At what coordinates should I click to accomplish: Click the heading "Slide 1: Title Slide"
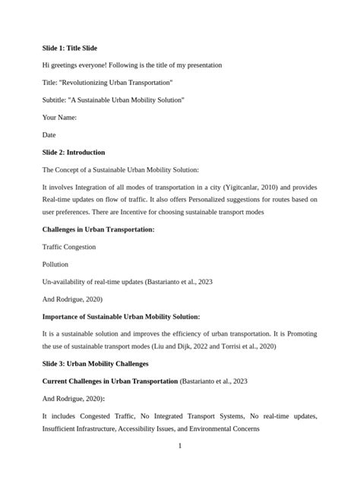coord(70,48)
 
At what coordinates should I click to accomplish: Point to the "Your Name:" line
coord(59,117)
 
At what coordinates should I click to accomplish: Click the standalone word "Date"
coord(49,134)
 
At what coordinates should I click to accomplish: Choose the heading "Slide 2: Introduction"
coord(74,152)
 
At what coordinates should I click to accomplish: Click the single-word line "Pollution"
coord(55,264)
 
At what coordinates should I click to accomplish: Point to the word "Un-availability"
coord(64,281)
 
